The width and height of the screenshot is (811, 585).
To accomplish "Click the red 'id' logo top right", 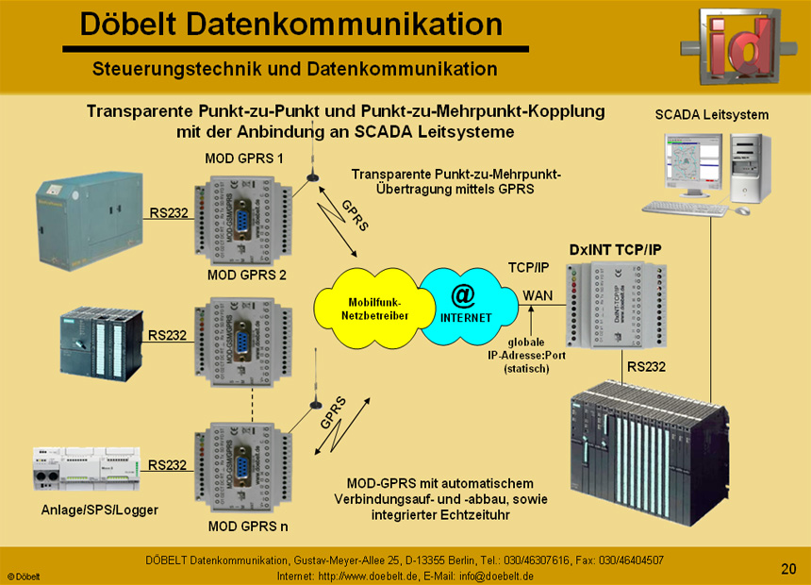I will (x=740, y=44).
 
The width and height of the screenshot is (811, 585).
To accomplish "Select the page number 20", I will (x=788, y=568).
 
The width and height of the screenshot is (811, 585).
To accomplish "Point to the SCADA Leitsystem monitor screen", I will (x=692, y=165).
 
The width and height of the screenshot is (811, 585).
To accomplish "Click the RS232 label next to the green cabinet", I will (x=167, y=212).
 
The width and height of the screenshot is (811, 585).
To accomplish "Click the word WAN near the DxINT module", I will (x=538, y=296).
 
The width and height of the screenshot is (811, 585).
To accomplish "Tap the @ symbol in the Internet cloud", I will (x=463, y=294).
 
